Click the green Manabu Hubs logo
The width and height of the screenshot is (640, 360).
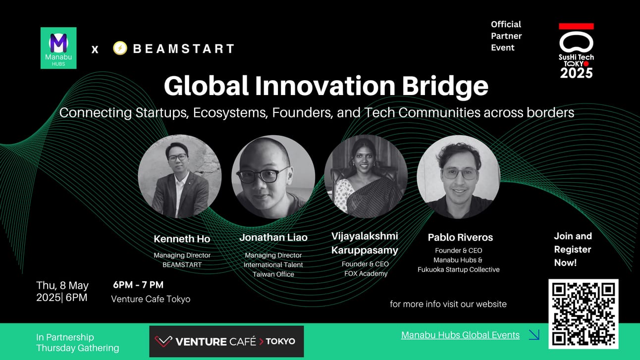(x=58, y=48)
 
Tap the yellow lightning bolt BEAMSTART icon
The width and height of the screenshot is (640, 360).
(x=120, y=48)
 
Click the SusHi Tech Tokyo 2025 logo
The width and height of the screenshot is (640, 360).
(x=576, y=51)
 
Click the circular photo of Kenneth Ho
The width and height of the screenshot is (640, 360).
(x=179, y=176)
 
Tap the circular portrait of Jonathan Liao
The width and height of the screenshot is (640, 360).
(x=272, y=177)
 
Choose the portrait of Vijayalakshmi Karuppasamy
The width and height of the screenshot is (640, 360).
(x=366, y=177)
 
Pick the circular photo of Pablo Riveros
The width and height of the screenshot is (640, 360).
(x=458, y=177)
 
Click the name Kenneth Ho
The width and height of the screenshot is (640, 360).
(x=182, y=239)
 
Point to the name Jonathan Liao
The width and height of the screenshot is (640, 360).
(x=273, y=238)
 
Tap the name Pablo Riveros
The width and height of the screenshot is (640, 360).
(x=460, y=237)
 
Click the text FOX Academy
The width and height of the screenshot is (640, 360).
(x=366, y=273)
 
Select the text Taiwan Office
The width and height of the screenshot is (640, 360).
(x=273, y=274)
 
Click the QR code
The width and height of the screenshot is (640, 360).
(x=583, y=314)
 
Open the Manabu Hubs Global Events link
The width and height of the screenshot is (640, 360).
(x=460, y=335)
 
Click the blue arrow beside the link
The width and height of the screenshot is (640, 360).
(x=534, y=335)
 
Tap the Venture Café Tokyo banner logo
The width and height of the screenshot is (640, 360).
(x=226, y=341)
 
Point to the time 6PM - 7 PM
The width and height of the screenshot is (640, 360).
(x=138, y=285)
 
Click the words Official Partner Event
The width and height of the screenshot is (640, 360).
(x=506, y=36)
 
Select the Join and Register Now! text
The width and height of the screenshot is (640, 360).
(x=573, y=249)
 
